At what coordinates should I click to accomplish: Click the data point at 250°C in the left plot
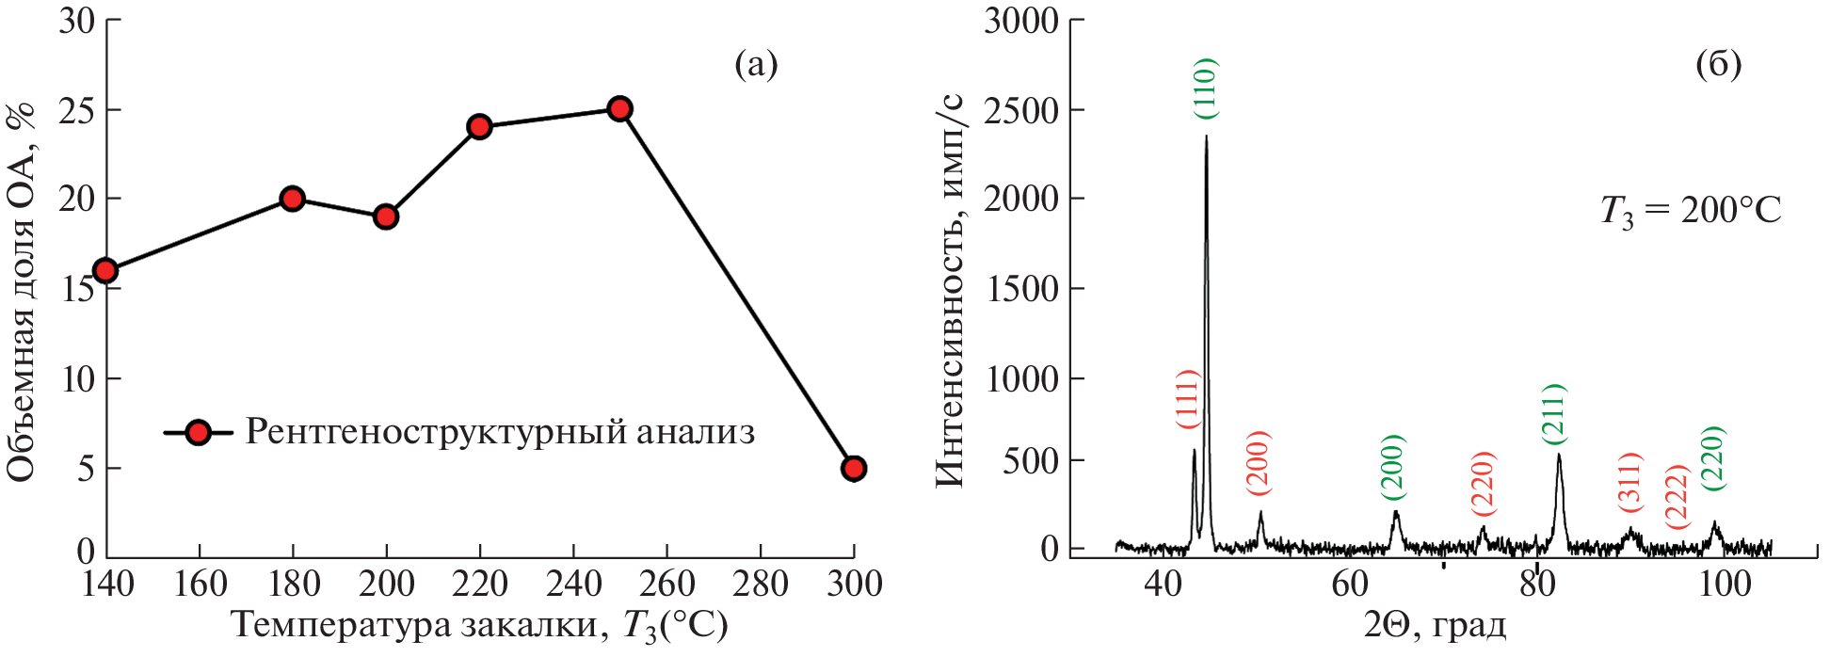pyautogui.click(x=618, y=108)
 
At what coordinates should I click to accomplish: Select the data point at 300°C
pyautogui.click(x=853, y=468)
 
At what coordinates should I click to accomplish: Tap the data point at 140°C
pyautogui.click(x=105, y=271)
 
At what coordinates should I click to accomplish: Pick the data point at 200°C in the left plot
pyautogui.click(x=385, y=216)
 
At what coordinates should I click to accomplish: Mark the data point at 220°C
pyautogui.click(x=479, y=126)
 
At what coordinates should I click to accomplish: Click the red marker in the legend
pyautogui.click(x=198, y=432)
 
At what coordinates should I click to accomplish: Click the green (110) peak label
pyautogui.click(x=1206, y=88)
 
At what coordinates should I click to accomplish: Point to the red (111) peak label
pyautogui.click(x=1188, y=399)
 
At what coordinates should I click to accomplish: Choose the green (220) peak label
pyautogui.click(x=1713, y=458)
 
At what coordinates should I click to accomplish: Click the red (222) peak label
pyautogui.click(x=1677, y=496)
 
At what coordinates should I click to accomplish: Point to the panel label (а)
pyautogui.click(x=756, y=64)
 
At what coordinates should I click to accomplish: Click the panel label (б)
pyautogui.click(x=1718, y=64)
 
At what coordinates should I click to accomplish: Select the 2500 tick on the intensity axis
pyautogui.click(x=1021, y=110)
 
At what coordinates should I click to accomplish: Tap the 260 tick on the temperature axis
pyautogui.click(x=666, y=585)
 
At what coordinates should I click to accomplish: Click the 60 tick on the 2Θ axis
pyautogui.click(x=1349, y=585)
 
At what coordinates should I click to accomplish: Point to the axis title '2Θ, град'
pyautogui.click(x=1435, y=624)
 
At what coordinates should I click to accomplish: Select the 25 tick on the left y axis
pyautogui.click(x=77, y=110)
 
